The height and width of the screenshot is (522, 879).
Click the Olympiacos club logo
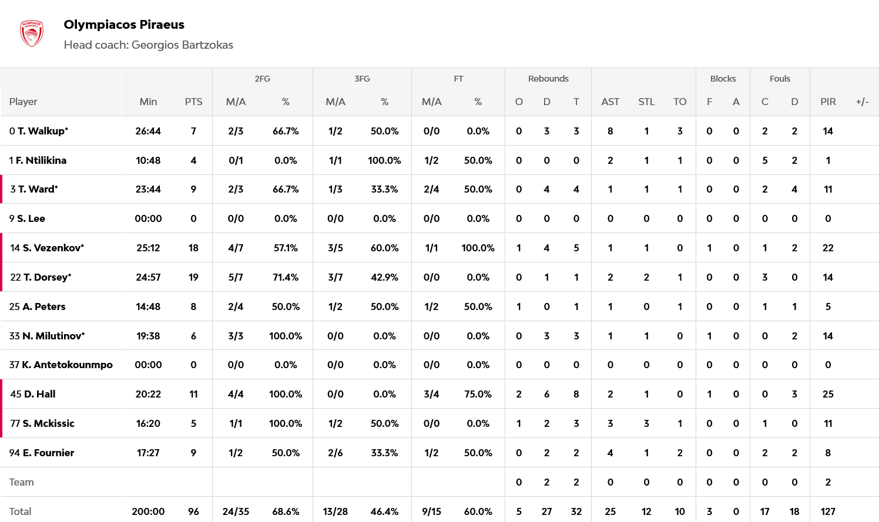pos(32,33)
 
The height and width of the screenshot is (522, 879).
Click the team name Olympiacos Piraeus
pos(124,25)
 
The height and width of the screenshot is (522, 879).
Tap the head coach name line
pos(148,45)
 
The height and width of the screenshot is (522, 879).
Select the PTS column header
pos(193,102)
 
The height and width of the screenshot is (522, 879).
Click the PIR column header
pos(828,102)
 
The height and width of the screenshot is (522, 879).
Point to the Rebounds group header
pos(548,79)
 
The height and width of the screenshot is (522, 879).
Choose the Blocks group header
pos(723,79)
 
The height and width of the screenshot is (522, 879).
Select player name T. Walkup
pos(42,131)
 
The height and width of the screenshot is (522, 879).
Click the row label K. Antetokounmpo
pos(67,365)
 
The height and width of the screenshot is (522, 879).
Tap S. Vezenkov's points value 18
pos(193,248)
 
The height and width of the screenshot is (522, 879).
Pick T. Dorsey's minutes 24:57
pos(148,277)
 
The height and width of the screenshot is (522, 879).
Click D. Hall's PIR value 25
pos(828,394)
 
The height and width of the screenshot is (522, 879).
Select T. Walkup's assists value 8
pos(610,131)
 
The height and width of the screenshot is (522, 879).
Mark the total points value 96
pos(193,511)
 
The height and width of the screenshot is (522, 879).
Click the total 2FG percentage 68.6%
pos(286,511)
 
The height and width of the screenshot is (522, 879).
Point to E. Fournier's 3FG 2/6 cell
pos(335,453)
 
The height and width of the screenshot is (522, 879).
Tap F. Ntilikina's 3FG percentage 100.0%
pos(384,160)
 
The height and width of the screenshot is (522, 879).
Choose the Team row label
pos(22,482)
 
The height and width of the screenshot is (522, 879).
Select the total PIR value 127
pos(828,511)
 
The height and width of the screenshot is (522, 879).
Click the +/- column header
pos(862,102)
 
